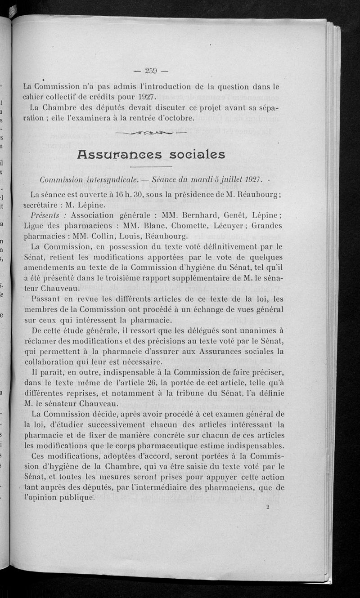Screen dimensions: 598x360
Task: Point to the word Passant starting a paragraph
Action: tap(44, 299)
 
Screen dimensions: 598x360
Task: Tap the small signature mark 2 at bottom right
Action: tap(267, 507)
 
